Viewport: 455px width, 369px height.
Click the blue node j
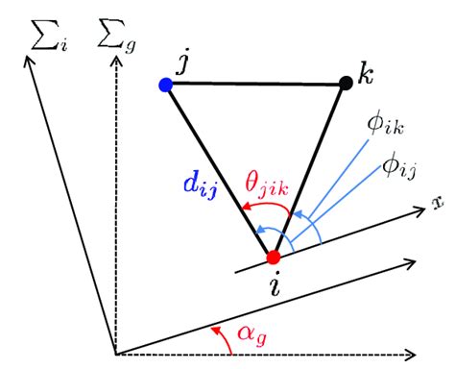coord(166,86)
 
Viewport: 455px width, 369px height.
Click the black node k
coord(347,85)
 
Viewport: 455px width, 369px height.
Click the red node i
coord(274,257)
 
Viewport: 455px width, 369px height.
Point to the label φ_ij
coord(394,168)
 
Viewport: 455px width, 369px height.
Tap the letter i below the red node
coord(276,285)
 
